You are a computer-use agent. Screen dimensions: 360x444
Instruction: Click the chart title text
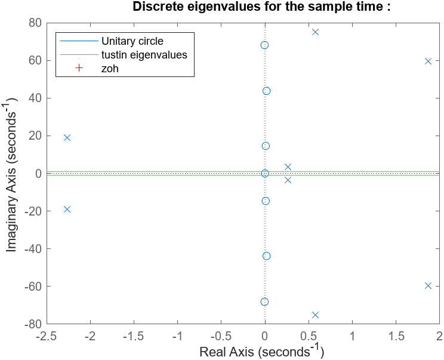[x=261, y=7]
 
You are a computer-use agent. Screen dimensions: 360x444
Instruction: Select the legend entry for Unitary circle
[x=132, y=41]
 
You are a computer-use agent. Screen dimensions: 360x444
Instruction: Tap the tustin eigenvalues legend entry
[x=144, y=55]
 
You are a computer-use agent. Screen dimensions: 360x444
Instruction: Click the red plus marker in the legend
[x=78, y=69]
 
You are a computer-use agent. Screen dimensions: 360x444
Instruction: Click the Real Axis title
[x=261, y=351]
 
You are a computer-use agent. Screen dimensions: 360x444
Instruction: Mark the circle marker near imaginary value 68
[x=264, y=45]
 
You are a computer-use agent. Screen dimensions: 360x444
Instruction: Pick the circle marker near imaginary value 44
[x=266, y=91]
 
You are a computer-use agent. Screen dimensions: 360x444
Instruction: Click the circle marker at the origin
[x=265, y=173]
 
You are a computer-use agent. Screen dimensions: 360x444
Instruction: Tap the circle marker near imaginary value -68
[x=264, y=301]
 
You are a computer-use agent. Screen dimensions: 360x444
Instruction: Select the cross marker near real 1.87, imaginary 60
[x=428, y=61]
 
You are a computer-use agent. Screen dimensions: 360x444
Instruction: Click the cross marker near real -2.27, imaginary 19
[x=67, y=137]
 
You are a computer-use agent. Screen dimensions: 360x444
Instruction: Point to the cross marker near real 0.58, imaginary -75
[x=315, y=315]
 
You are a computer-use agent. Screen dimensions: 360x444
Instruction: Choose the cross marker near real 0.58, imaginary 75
[x=315, y=32]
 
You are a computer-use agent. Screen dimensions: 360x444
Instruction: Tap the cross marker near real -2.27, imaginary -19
[x=67, y=209]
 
